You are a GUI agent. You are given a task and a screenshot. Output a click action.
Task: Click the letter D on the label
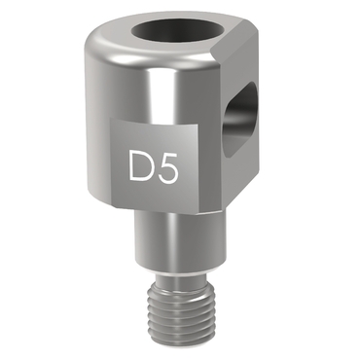click(x=140, y=165)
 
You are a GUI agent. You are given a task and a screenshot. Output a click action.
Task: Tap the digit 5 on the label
click(x=168, y=165)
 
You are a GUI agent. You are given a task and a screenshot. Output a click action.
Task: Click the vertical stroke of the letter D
click(x=131, y=165)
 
